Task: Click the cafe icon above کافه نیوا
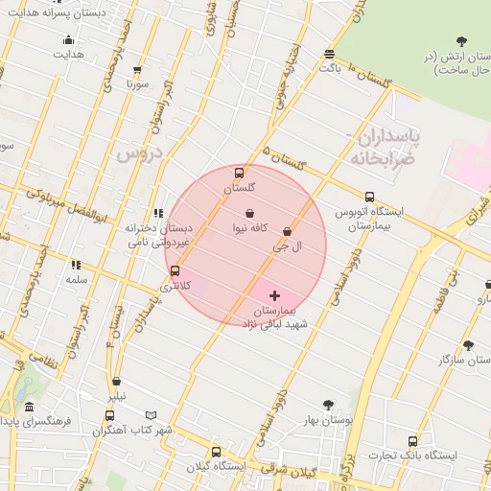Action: coord(250,213)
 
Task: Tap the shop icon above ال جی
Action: coord(288,231)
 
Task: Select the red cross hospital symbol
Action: coord(275,296)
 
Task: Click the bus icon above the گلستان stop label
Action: coord(239,173)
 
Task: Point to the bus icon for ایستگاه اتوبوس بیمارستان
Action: coord(369,197)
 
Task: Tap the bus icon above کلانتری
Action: coord(175,271)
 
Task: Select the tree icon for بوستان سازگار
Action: coord(468,344)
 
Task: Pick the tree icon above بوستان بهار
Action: coord(329,405)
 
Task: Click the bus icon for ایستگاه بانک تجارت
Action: coord(412,441)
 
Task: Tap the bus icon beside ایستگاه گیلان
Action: coord(215,452)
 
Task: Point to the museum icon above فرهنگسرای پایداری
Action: coord(30,407)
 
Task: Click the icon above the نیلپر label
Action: coord(117,382)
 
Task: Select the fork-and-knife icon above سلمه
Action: coord(76,265)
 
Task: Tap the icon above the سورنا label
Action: coord(137,70)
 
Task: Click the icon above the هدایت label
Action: coord(68,40)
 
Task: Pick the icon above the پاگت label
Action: coord(330,55)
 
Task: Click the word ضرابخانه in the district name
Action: coord(368,157)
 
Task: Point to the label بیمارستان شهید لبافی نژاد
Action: coord(278,318)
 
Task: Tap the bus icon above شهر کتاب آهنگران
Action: coord(109,415)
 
